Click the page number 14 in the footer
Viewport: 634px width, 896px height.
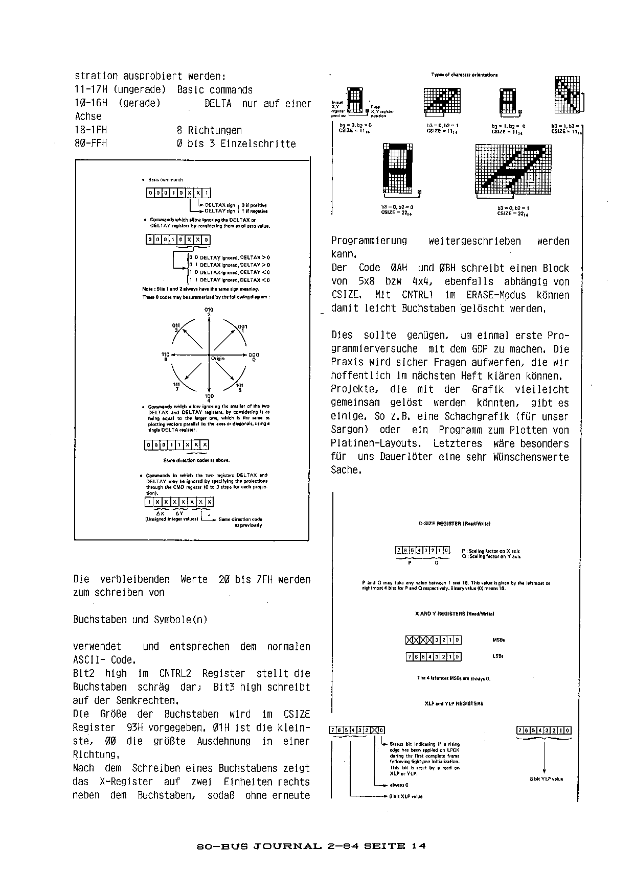click(418, 845)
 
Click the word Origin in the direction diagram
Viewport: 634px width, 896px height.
click(218, 359)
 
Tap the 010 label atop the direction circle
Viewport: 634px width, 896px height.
click(209, 310)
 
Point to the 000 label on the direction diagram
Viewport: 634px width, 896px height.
click(254, 355)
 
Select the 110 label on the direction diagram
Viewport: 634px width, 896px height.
click(165, 355)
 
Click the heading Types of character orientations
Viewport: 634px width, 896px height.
click(464, 75)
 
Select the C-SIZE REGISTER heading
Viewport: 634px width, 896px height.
click(454, 523)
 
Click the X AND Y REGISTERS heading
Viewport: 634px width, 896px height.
click(454, 614)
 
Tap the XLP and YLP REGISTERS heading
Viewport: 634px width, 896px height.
click(454, 703)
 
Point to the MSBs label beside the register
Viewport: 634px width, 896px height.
click(499, 640)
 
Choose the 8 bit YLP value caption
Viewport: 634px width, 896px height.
click(547, 779)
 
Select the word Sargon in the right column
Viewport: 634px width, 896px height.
click(349, 430)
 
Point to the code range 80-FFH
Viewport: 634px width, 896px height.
click(91, 144)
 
